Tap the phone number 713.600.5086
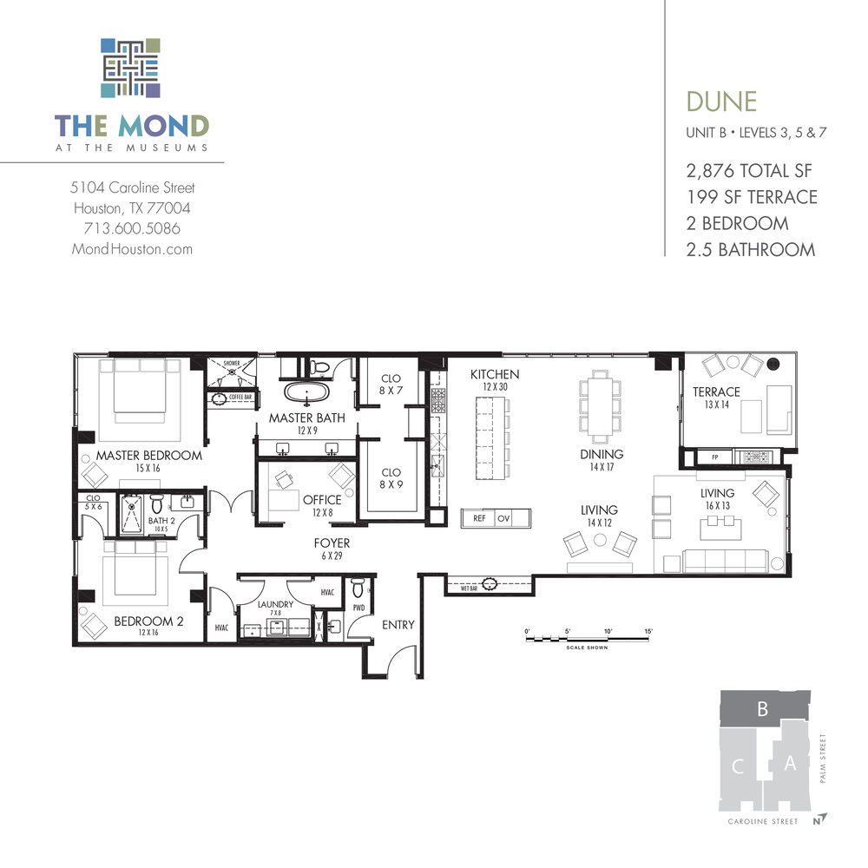pyautogui.click(x=132, y=228)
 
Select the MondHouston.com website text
pyautogui.click(x=132, y=249)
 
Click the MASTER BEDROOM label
pyautogui.click(x=149, y=456)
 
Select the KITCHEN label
pyautogui.click(x=495, y=374)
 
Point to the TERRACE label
pyautogui.click(x=716, y=392)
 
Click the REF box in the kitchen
pyautogui.click(x=478, y=518)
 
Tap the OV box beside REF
pyautogui.click(x=504, y=518)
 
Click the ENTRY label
pyautogui.click(x=398, y=624)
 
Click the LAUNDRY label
pyautogui.click(x=275, y=604)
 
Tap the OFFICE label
pyautogui.click(x=322, y=500)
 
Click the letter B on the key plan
pyautogui.click(x=762, y=709)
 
